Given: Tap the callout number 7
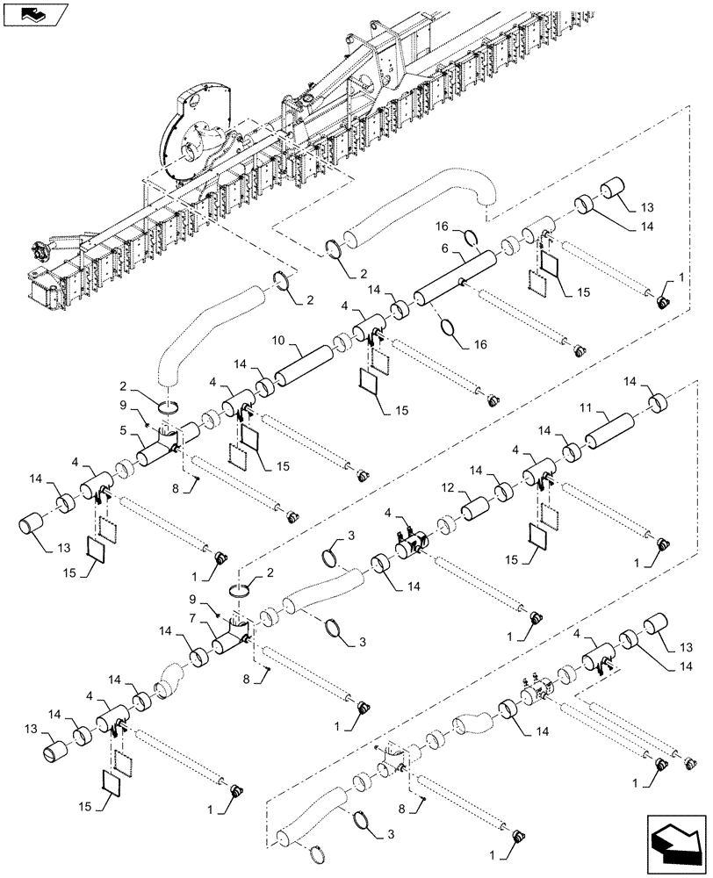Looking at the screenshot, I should point(192,619).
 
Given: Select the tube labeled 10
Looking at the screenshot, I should point(306,364).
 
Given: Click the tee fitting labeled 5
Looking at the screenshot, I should point(158,450).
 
